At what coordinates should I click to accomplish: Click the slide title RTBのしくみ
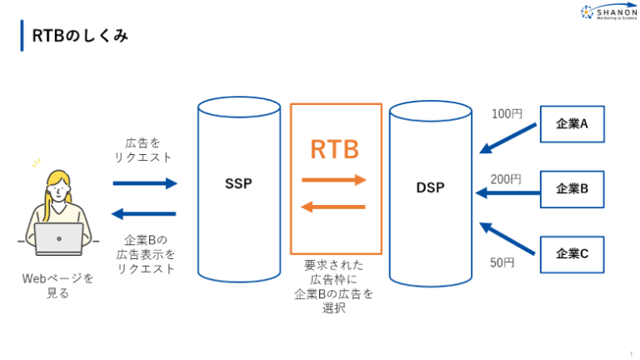80,37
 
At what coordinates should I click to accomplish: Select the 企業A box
572,124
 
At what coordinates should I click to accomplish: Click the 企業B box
572,188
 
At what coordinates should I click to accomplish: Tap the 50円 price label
502,262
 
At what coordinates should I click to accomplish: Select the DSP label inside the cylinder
430,188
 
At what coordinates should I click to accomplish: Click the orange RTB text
335,149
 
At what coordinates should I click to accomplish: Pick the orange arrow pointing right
334,179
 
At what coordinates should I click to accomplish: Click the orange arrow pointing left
334,207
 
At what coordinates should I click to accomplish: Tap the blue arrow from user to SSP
145,183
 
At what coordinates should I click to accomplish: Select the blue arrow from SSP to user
145,213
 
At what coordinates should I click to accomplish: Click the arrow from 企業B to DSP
507,193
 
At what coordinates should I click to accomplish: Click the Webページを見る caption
57,285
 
